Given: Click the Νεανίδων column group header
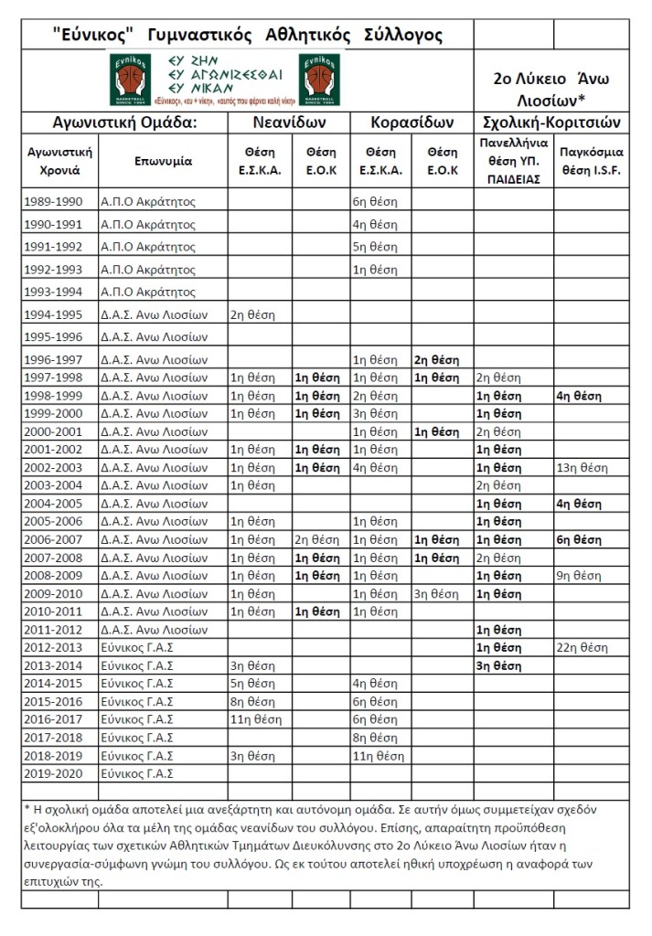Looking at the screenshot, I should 290,122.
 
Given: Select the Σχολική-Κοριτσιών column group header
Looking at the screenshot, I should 551,122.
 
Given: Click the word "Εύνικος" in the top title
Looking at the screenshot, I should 93,36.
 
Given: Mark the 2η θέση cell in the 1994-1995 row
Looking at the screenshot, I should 252,315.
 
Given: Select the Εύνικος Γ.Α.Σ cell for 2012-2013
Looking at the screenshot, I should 136,647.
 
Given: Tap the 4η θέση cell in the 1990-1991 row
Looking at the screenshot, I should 375,225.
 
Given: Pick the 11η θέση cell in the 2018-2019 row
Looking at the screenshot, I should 378,755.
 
